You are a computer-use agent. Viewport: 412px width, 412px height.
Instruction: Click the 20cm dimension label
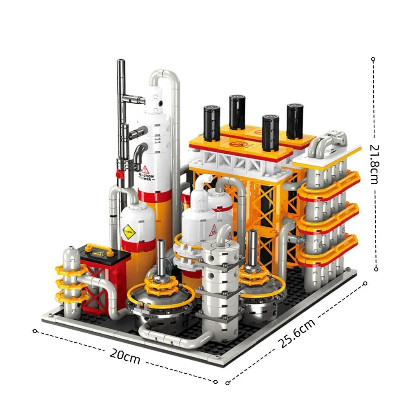coord(125,356)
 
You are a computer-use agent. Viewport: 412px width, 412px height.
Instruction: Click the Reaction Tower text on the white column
coord(146,178)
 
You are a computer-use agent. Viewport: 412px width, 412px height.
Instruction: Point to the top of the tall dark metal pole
coord(121,63)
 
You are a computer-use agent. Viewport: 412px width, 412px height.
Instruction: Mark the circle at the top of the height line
coord(373,59)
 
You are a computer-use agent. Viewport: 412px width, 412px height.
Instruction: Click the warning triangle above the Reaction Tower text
coord(145,169)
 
